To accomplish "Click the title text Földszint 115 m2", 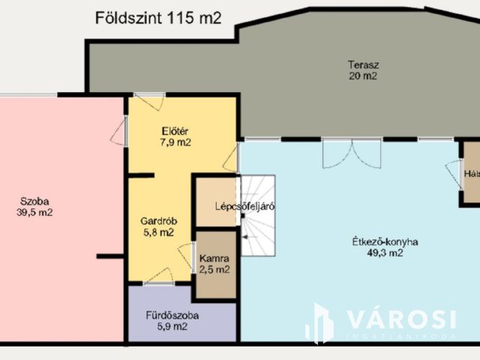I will point(158,19).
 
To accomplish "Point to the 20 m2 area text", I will point(362,76).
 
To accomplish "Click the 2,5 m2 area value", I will point(214,269).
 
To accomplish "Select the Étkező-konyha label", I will point(385,242).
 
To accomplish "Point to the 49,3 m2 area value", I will point(385,253).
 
